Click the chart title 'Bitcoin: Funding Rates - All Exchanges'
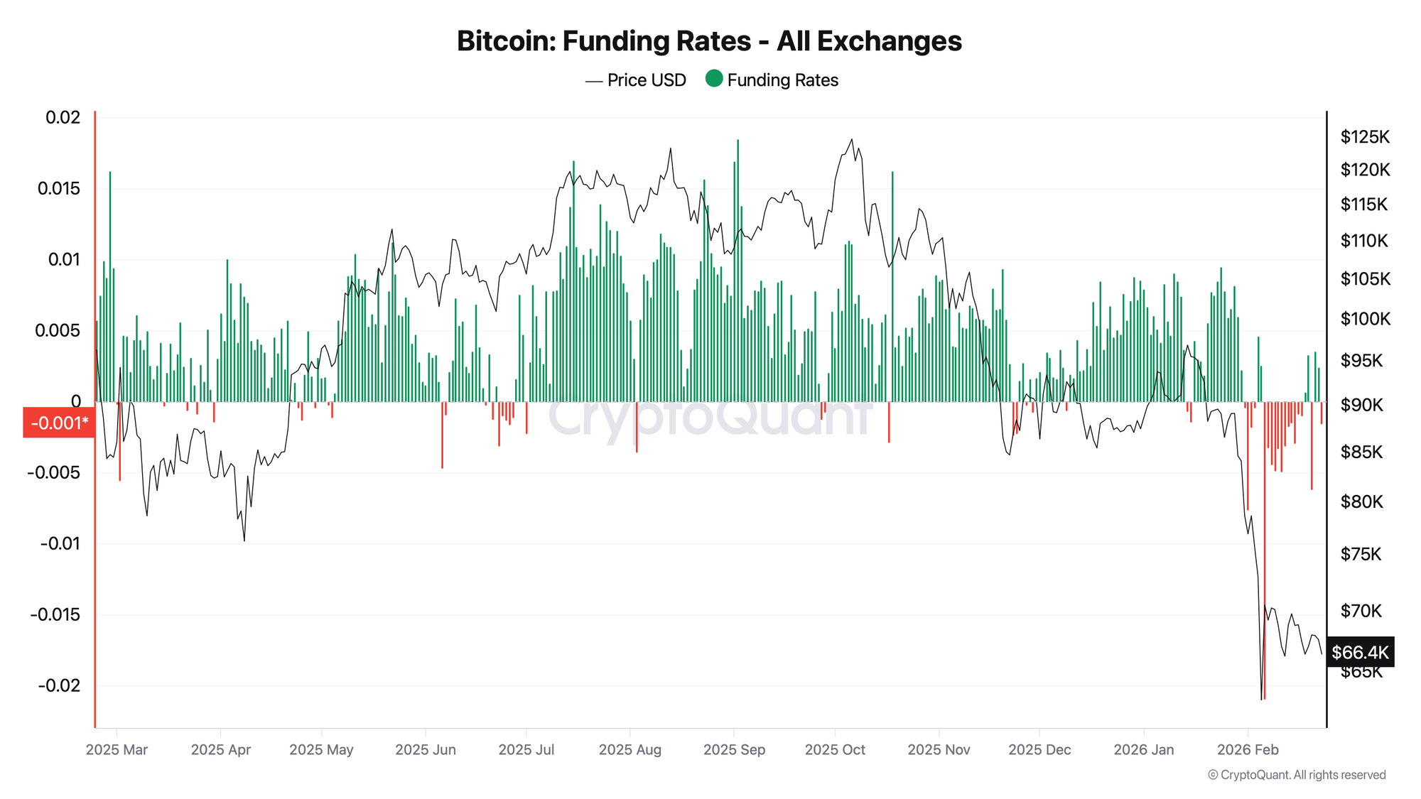(x=709, y=41)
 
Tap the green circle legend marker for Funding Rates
(x=714, y=79)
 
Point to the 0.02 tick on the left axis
(x=63, y=117)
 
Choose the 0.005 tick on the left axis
(x=58, y=330)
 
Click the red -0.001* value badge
(x=59, y=423)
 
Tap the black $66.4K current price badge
(x=1360, y=652)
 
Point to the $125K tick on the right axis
(x=1365, y=136)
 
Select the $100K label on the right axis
(x=1365, y=319)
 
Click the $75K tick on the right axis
(x=1361, y=554)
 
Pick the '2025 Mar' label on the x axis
(x=117, y=749)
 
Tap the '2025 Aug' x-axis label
(x=630, y=749)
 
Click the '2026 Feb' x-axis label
(x=1248, y=749)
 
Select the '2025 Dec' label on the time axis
(x=1039, y=749)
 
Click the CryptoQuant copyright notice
(x=1297, y=775)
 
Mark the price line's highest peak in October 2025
(x=852, y=140)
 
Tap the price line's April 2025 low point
(x=244, y=540)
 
